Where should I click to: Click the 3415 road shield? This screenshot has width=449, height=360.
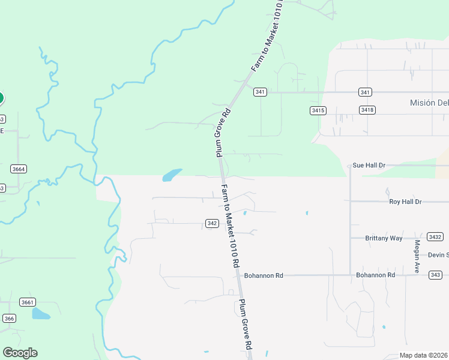318,110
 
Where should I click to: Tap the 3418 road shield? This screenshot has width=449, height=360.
367,110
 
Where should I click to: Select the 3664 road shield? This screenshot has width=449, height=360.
19,169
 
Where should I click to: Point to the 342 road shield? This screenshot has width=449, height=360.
211,223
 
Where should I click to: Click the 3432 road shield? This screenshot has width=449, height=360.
435,237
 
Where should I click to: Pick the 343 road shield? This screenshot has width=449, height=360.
436,275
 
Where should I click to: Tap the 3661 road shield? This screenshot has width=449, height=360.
27,302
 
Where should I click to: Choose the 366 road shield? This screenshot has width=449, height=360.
8,318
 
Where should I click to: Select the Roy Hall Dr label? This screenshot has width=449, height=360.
405,202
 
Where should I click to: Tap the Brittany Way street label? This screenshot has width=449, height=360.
384,238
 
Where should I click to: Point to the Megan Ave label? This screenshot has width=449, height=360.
417,256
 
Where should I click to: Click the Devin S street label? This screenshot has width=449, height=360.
439,255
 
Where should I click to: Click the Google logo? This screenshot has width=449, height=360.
20,353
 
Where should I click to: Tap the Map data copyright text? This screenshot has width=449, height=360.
424,355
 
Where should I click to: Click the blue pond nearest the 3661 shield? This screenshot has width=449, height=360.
41,313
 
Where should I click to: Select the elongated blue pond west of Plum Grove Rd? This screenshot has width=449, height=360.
172,175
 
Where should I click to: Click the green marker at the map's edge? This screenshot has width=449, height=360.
1,97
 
